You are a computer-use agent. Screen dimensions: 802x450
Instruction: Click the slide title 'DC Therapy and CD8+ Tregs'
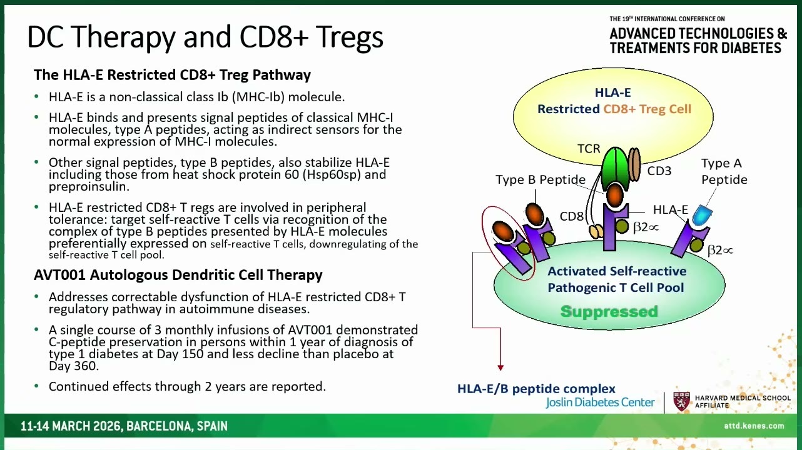[205, 37]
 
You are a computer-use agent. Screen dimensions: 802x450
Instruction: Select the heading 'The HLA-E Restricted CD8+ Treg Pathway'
[172, 75]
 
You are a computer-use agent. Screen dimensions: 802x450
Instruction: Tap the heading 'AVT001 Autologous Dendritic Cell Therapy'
[178, 275]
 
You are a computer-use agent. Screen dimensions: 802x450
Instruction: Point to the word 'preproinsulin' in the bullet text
[88, 187]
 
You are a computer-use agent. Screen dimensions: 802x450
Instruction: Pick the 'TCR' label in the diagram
[589, 149]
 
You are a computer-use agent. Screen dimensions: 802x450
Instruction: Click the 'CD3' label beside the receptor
[659, 171]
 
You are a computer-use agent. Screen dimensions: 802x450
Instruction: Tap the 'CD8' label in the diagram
[571, 216]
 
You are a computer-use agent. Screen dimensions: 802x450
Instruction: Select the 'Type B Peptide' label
[541, 179]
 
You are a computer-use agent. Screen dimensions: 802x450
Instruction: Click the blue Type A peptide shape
[702, 216]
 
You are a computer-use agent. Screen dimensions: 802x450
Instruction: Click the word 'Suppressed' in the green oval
[609, 312]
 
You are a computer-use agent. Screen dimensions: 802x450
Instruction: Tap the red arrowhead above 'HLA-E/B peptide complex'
[500, 367]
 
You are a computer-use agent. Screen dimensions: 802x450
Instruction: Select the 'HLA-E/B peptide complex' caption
[536, 389]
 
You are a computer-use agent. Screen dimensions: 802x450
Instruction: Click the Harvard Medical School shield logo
[682, 402]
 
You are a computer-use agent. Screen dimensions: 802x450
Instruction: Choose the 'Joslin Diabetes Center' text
[600, 402]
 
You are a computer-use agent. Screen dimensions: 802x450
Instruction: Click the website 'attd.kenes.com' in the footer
[754, 426]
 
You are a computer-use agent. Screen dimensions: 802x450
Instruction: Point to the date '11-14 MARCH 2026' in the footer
[71, 426]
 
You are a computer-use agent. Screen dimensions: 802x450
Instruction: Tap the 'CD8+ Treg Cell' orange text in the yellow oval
[647, 109]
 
